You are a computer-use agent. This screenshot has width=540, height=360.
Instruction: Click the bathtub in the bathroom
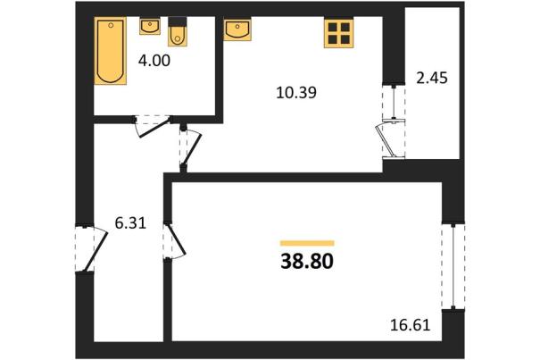coord(110,51)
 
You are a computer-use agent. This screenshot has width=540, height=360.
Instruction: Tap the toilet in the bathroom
coord(178,31)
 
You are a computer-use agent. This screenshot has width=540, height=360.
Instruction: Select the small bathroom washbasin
coord(150,26)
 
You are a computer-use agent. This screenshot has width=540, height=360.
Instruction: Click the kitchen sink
coord(237,29)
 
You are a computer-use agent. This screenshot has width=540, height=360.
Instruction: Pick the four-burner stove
coord(339,33)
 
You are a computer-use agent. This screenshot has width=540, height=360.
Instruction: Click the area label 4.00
coord(154,61)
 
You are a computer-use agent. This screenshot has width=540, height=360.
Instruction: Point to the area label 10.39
coord(296,93)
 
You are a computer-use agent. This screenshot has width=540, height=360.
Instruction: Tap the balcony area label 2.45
coord(432,78)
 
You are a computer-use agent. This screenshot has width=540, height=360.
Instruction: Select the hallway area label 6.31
coord(130,223)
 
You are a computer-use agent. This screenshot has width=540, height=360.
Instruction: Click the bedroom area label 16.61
coord(411,325)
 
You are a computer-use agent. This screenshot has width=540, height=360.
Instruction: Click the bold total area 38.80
coord(307,262)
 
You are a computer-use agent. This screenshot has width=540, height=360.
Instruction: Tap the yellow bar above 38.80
coord(307,243)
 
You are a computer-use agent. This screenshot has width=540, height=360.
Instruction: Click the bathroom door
coord(154,127)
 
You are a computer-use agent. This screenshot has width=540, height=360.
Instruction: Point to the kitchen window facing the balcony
coord(394,102)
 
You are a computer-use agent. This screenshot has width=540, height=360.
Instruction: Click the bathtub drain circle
coord(111,25)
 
